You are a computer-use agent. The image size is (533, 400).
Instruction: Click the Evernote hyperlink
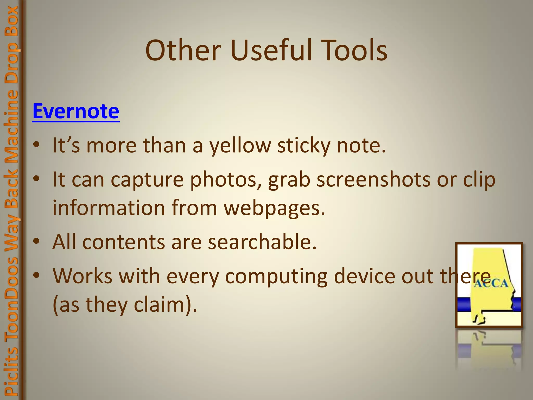(76, 111)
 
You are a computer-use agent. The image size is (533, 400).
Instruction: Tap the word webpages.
(275, 208)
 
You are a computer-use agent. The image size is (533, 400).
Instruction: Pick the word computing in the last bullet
(276, 276)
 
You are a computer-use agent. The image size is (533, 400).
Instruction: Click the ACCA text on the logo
(490, 283)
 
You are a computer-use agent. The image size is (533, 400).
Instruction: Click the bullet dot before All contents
(36, 242)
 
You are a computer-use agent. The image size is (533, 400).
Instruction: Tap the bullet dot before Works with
(36, 275)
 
